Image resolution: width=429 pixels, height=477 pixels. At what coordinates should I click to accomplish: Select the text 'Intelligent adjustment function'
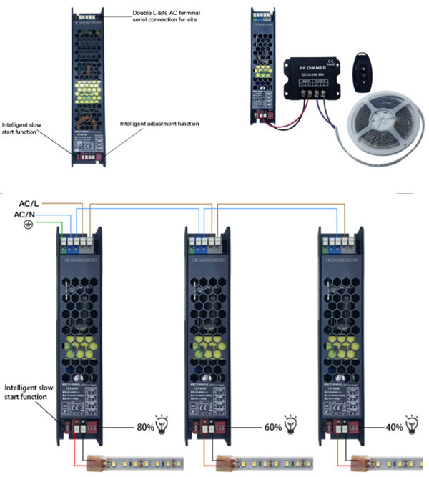click(159, 124)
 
